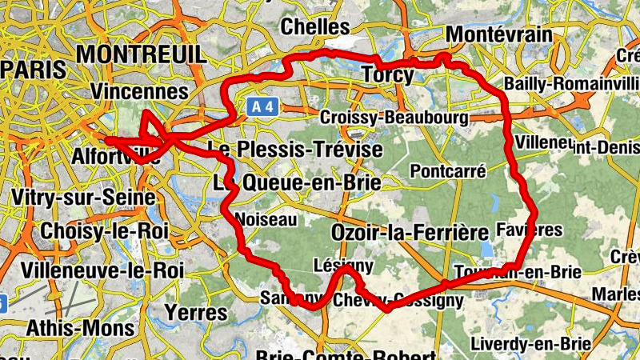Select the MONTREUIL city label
pos(142,54)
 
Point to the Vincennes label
pos(139,91)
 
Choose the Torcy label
pos(388,76)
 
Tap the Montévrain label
pos(499,34)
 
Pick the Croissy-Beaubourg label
pos(393,118)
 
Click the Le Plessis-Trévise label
pos(294,150)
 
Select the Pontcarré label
pos(437,170)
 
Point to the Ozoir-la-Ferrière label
pos(409,233)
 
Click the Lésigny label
pos(344,265)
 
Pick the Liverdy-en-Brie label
pos(530,343)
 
